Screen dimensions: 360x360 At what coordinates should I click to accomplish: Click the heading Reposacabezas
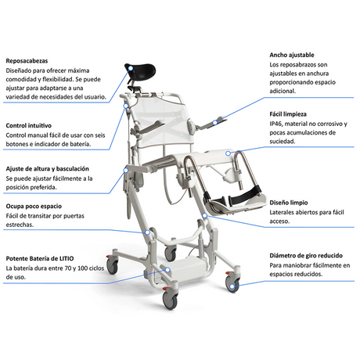click(x=27, y=61)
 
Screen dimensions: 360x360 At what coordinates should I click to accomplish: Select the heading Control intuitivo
click(x=29, y=125)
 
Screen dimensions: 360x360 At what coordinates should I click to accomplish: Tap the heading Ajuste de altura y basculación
click(x=48, y=169)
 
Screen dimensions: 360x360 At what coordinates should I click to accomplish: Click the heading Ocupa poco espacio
click(x=34, y=207)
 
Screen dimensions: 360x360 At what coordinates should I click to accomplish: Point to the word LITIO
click(x=67, y=258)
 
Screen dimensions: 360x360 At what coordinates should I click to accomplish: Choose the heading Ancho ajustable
click(x=292, y=55)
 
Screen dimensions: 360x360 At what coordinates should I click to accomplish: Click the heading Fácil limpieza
click(x=288, y=114)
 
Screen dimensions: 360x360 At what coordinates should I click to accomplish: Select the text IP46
click(x=275, y=124)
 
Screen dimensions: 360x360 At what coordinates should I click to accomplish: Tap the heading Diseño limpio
click(x=289, y=203)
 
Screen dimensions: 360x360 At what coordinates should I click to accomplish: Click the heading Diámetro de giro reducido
click(x=306, y=256)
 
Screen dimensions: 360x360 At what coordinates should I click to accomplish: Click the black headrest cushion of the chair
click(x=141, y=70)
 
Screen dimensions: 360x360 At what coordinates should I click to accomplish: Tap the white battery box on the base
click(x=185, y=268)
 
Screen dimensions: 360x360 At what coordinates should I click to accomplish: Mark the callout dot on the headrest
click(x=131, y=68)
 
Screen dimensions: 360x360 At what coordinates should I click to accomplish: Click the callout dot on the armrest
click(x=214, y=123)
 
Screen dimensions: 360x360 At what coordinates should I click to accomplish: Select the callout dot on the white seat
click(x=228, y=153)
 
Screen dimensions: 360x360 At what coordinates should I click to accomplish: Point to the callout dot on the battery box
click(x=167, y=270)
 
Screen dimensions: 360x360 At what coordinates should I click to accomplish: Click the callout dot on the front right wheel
click(x=232, y=286)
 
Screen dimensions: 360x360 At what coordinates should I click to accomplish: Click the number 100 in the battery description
click(x=83, y=268)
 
